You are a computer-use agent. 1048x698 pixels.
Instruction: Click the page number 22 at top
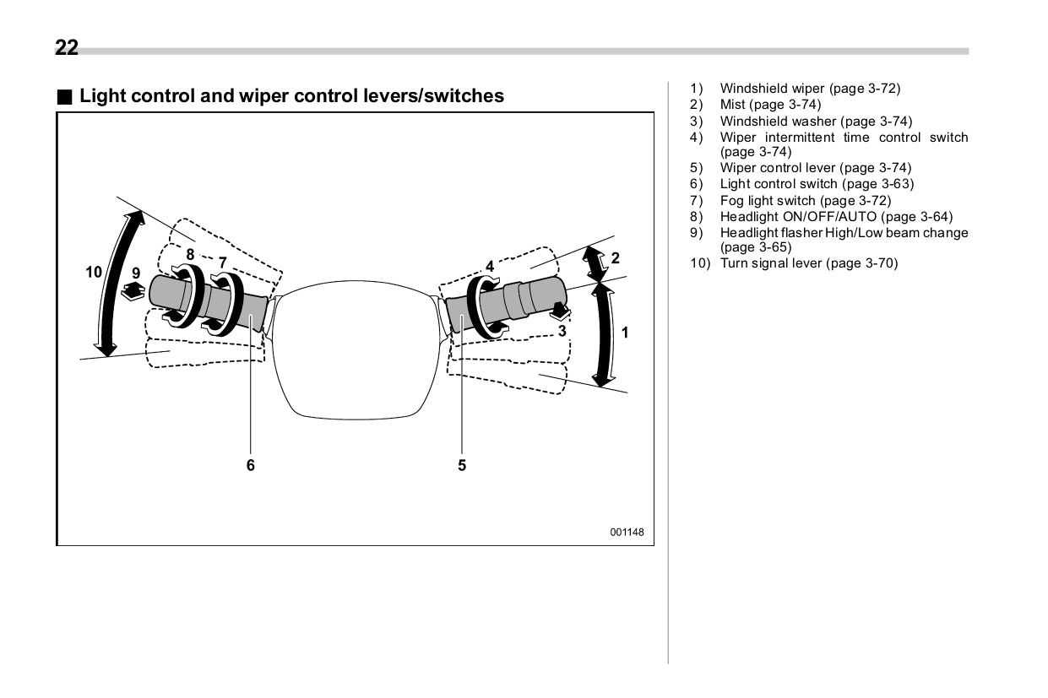(67, 48)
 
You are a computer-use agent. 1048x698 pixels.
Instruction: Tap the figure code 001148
(627, 532)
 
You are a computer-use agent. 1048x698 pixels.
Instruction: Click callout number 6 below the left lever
(250, 464)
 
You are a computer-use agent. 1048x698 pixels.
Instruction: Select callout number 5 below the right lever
(462, 464)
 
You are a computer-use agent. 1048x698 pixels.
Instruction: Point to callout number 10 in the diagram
(94, 272)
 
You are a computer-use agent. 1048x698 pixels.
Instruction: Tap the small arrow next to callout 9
(133, 292)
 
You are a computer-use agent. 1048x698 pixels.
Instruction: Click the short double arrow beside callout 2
(596, 264)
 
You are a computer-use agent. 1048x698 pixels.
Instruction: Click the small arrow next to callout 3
(559, 311)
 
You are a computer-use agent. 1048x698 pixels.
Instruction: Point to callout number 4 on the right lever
(490, 267)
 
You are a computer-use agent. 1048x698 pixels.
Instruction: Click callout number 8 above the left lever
(190, 254)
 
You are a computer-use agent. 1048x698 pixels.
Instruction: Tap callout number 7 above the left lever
(222, 262)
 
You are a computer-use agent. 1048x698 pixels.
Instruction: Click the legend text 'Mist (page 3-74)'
(769, 105)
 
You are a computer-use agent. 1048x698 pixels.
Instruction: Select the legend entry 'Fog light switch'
(768, 200)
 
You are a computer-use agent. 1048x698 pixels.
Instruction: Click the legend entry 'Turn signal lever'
(772, 263)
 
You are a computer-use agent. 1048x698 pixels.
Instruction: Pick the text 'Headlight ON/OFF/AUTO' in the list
(798, 217)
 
